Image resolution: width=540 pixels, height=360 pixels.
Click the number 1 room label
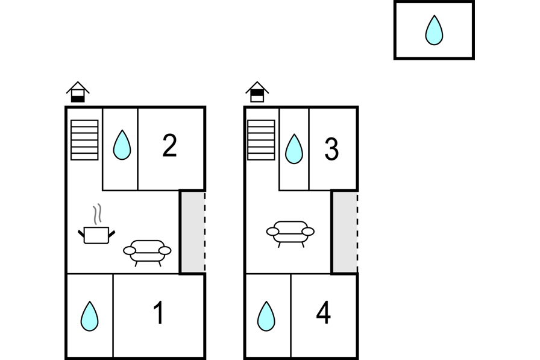159,313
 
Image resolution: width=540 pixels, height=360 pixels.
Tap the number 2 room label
170,146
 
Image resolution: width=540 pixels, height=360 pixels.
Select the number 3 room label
331,150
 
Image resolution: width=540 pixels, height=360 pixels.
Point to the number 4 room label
324,313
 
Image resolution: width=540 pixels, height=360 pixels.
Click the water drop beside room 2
122,145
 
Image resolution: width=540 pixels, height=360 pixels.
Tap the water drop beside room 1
90,316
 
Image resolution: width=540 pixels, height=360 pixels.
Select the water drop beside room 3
294,149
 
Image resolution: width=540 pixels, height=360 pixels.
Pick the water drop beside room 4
266,316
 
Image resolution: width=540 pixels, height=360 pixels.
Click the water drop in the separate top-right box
434,30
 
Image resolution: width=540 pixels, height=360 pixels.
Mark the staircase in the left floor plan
84,140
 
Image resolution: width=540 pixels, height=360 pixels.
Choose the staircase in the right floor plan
262,140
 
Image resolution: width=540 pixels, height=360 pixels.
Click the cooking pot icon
96,235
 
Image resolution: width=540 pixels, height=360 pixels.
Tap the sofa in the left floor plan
147,251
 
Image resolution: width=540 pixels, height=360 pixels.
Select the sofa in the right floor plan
290,232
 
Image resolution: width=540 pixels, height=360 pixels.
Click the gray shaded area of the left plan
192,232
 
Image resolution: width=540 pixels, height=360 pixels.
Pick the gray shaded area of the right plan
344,232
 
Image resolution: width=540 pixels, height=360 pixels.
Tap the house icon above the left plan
78,92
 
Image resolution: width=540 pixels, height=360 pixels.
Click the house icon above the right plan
257,92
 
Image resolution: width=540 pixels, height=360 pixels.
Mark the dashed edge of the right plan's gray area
357,232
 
